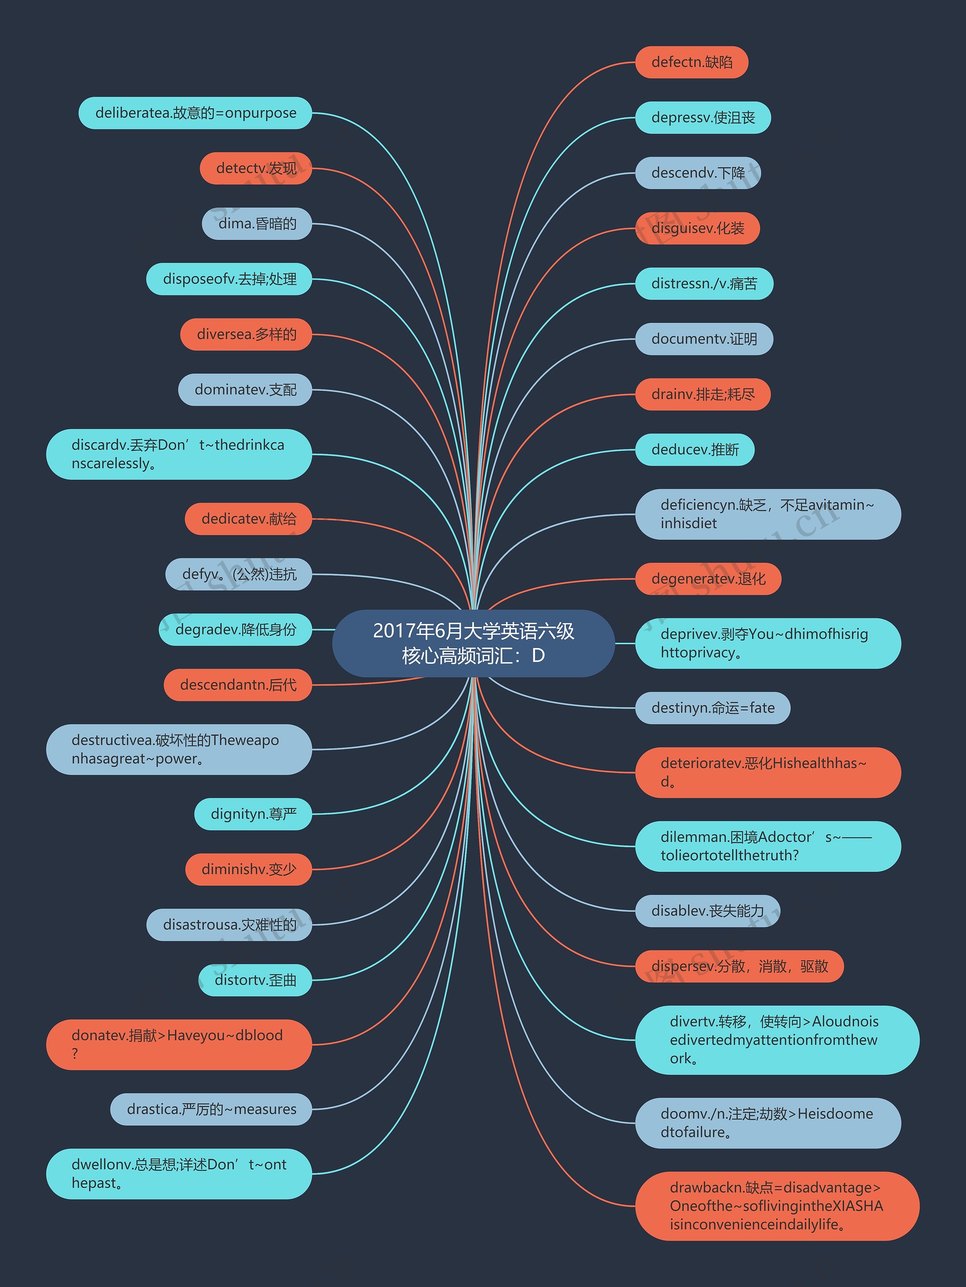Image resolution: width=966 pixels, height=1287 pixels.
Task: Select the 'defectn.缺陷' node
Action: click(691, 62)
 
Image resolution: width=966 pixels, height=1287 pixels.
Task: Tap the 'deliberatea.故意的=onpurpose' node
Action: click(195, 113)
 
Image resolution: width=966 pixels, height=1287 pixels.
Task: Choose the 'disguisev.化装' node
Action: click(697, 228)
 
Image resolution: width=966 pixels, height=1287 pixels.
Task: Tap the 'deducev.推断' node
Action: click(695, 450)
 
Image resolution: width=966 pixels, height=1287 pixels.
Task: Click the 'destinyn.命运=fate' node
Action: click(712, 708)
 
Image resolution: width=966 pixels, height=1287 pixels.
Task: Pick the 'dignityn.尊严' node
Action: click(253, 814)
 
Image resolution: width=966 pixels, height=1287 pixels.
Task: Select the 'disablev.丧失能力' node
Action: click(707, 911)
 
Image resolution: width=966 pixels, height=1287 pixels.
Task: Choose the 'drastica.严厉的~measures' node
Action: click(211, 1110)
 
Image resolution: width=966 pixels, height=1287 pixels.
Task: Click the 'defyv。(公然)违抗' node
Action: click(238, 574)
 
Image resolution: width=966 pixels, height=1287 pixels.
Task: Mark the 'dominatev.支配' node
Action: click(245, 390)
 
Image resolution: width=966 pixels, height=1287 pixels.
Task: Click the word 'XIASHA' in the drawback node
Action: click(857, 1206)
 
